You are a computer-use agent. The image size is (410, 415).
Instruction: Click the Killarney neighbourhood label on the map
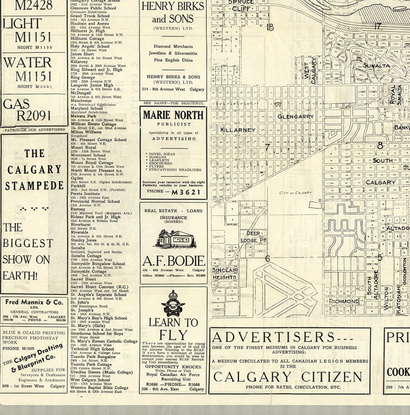click(238, 130)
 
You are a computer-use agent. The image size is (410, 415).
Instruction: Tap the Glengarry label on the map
click(295, 117)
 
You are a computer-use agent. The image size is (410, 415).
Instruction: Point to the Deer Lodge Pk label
click(253, 237)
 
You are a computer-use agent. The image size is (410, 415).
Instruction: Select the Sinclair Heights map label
click(225, 274)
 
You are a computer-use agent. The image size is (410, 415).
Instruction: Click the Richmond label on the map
click(344, 301)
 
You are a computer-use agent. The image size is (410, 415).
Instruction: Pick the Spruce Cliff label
click(241, 5)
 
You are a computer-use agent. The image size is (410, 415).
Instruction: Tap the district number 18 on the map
click(270, 27)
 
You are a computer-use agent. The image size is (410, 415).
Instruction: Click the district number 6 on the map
click(267, 258)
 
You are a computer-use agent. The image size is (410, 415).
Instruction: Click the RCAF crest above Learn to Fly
click(173, 303)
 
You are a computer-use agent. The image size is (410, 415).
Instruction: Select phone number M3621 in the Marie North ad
click(186, 192)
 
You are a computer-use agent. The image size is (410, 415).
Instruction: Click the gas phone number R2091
click(34, 116)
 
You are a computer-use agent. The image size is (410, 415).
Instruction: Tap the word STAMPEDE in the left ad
click(34, 186)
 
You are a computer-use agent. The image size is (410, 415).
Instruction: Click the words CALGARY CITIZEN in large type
click(288, 377)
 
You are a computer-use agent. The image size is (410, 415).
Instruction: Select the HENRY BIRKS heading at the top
click(173, 6)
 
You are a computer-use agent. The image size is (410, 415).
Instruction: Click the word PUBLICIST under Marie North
click(174, 124)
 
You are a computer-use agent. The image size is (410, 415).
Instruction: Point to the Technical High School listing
click(92, 349)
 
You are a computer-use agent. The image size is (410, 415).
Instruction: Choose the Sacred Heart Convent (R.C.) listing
click(99, 287)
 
